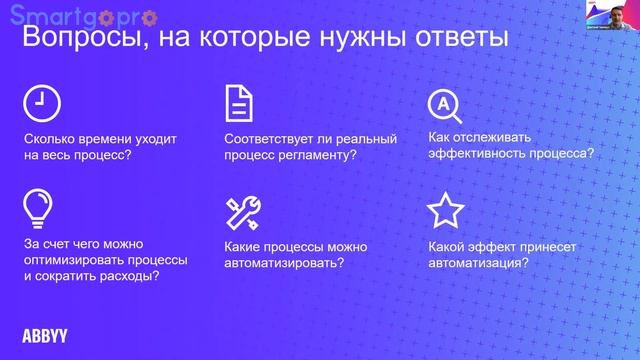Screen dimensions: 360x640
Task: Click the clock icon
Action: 41,102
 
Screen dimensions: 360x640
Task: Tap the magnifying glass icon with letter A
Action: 441,103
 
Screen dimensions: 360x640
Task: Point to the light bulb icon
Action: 39,207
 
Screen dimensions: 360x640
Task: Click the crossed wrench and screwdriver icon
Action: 243,211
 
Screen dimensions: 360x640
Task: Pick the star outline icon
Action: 445,211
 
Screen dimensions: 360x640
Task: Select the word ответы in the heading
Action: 455,39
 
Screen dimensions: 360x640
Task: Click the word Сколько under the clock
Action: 49,140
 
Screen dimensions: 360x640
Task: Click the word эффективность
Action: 476,155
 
